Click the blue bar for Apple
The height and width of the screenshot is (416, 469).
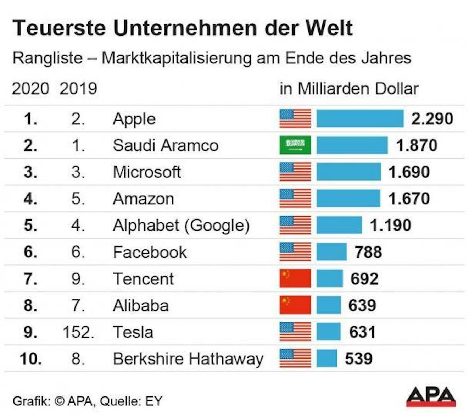click(x=359, y=118)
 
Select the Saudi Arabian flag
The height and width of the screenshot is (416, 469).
click(x=295, y=145)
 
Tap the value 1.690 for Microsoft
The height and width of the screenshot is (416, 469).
click(x=409, y=172)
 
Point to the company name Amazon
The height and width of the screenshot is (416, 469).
click(x=143, y=199)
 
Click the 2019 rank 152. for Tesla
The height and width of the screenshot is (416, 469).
click(x=78, y=332)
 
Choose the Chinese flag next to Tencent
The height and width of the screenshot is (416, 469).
click(x=295, y=278)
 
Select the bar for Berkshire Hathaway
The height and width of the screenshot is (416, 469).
click(x=326, y=359)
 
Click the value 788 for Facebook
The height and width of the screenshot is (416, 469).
click(x=368, y=252)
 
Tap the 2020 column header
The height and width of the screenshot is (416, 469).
click(x=30, y=89)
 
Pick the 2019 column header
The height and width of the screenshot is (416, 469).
click(x=78, y=89)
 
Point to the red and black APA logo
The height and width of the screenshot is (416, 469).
click(x=431, y=396)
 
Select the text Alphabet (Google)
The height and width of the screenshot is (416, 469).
click(x=181, y=226)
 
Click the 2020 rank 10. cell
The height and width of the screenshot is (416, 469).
click(x=30, y=359)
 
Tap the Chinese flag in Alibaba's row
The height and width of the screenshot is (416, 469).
click(x=295, y=305)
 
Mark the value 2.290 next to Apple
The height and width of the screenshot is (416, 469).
click(x=432, y=119)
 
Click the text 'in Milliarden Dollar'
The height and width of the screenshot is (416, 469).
click(x=349, y=89)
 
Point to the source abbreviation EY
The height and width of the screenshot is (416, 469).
click(x=153, y=401)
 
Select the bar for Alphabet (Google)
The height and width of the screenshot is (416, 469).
click(x=339, y=225)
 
